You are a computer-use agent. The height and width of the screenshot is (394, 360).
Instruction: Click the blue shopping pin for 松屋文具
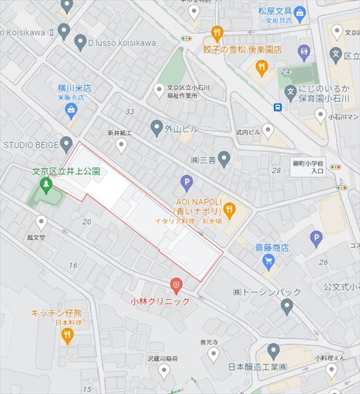(299, 12)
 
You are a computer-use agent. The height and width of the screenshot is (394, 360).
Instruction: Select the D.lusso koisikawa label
(123, 43)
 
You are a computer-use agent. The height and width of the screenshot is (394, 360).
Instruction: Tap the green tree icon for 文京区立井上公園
(45, 183)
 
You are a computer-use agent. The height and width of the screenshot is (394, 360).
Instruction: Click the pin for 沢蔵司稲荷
(164, 369)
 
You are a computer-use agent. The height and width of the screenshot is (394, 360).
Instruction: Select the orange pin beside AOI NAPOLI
(230, 211)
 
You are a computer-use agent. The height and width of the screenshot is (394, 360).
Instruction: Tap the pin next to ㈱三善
(225, 159)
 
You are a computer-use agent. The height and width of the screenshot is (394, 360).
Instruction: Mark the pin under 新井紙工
(121, 145)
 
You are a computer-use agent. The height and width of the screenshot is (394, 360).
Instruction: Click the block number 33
(129, 111)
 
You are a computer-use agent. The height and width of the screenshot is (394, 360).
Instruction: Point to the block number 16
(73, 265)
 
